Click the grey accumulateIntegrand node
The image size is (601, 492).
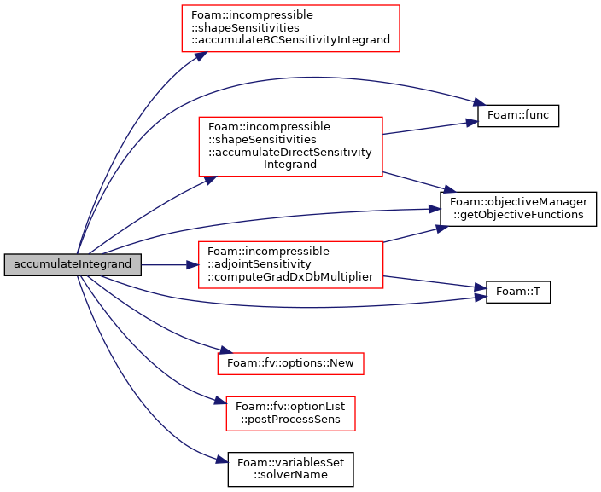coord(73,264)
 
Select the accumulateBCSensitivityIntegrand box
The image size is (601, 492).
coord(290,28)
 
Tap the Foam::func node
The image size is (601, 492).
coord(518,116)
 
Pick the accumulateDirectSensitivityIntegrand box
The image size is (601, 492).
coord(290,147)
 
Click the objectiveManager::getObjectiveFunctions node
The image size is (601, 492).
coord(518,209)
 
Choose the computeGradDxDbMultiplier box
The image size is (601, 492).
coord(290,264)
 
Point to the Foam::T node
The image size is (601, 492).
coord(518,292)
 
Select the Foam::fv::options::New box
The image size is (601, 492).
coord(290,363)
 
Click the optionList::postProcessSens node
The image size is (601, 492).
coord(290,414)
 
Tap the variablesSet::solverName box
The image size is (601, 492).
coord(290,470)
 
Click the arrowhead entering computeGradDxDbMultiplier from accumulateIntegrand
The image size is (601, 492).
coord(192,264)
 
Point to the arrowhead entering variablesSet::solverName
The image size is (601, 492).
coord(222,459)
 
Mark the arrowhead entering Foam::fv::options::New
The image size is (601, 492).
coord(226,350)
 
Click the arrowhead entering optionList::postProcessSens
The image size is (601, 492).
coord(220,401)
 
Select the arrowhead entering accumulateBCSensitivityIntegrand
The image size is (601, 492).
coord(201,55)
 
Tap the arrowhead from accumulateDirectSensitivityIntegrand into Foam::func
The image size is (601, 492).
coord(472,123)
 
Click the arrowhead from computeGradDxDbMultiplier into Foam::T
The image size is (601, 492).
coord(481,287)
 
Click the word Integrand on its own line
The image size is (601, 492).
coord(290,165)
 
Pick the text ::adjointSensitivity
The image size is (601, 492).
coord(260,263)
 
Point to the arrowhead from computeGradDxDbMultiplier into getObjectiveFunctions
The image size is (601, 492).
coord(442,229)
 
